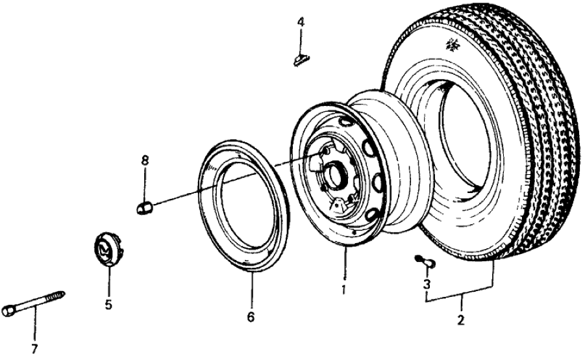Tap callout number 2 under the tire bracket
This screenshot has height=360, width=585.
462,320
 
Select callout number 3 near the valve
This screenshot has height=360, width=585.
427,284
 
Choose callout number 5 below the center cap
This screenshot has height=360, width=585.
109,303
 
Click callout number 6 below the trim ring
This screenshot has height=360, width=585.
251,317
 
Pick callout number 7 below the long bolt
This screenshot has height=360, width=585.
35,348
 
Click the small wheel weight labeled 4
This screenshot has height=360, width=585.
301,61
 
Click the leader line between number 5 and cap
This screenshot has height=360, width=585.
109,279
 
